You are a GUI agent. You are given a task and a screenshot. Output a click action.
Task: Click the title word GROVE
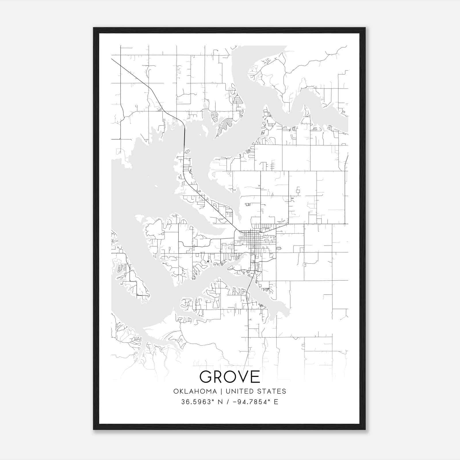[x=230, y=377]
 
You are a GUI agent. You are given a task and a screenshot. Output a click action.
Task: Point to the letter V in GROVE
[x=242, y=377]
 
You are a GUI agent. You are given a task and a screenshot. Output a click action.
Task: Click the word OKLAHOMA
[x=195, y=391]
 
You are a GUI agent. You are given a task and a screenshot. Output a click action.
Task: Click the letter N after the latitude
[x=221, y=402]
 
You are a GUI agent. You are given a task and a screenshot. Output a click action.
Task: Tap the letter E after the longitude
[x=276, y=402]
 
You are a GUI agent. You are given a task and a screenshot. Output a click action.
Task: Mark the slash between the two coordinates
[x=228, y=402]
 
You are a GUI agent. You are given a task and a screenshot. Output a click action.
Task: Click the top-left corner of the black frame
[x=94, y=28]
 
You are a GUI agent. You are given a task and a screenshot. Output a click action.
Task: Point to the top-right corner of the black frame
[x=365, y=28]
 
